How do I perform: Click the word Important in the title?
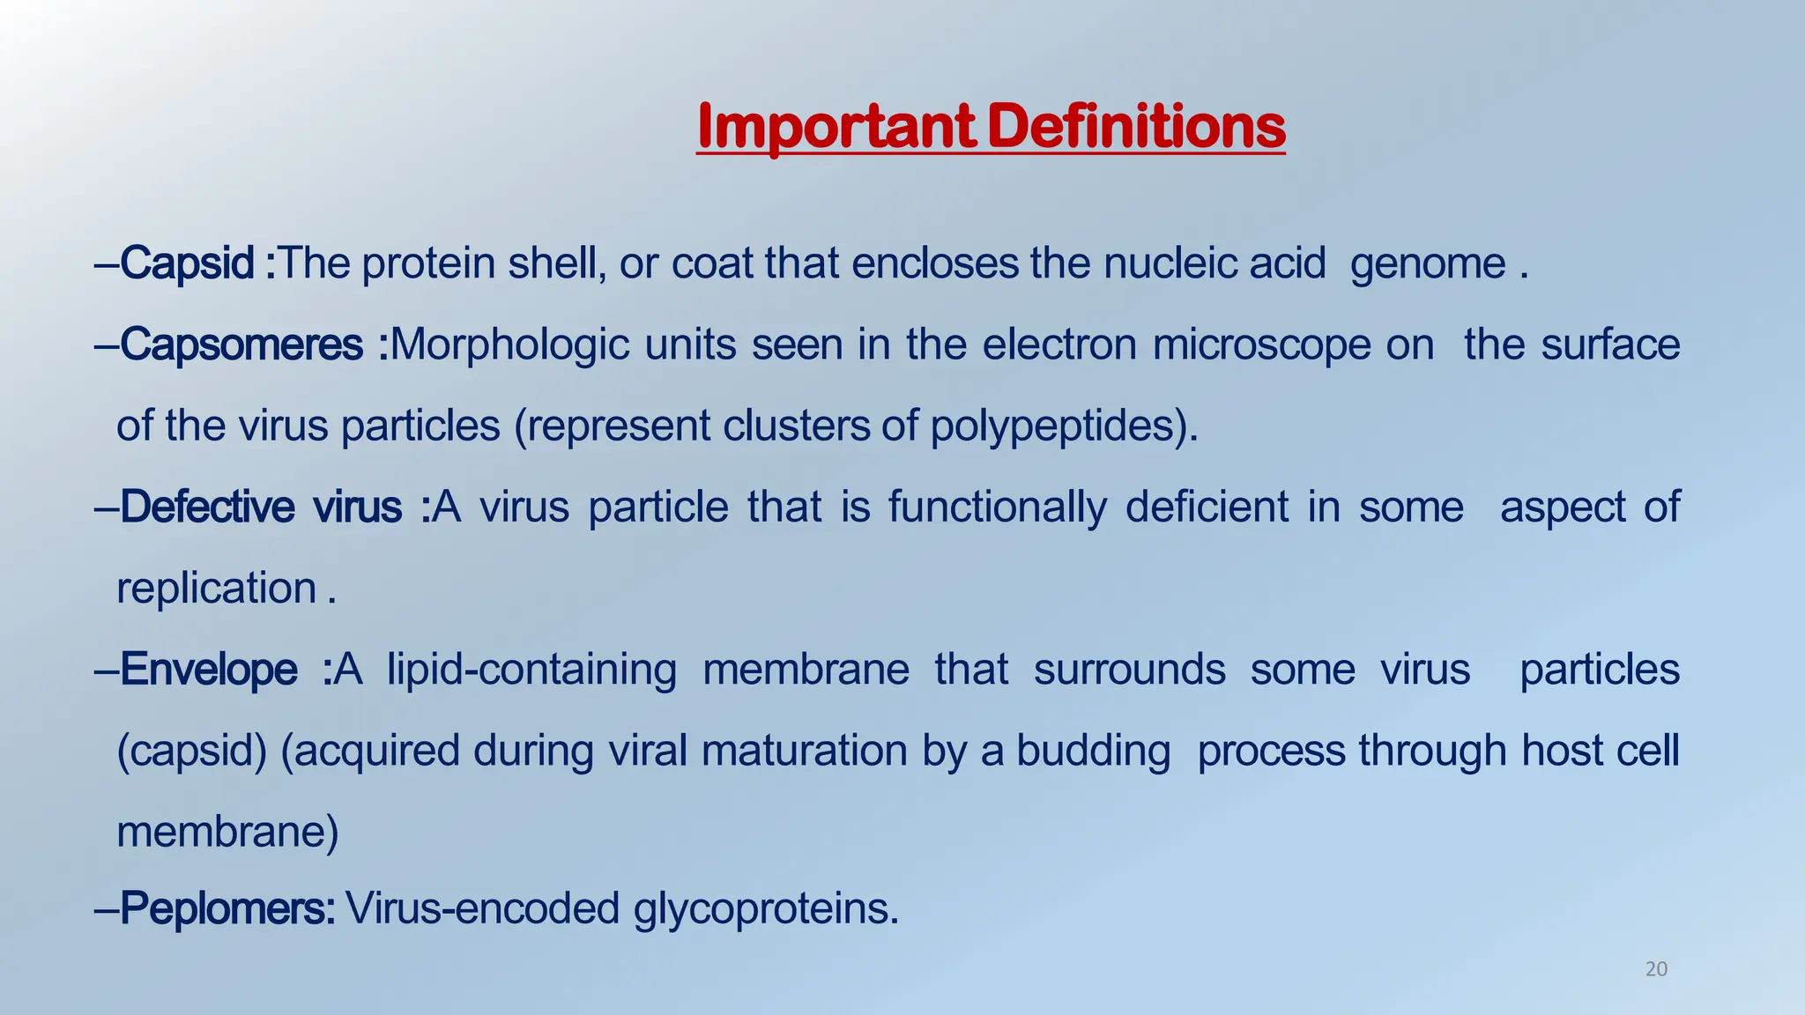(x=835, y=128)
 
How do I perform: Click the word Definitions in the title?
(x=1136, y=128)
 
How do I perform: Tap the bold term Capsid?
(x=187, y=263)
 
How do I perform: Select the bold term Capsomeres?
(x=241, y=345)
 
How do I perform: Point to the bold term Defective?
(x=206, y=507)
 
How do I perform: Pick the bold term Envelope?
(x=208, y=670)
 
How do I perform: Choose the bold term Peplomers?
(x=226, y=908)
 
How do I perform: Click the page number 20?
(x=1656, y=970)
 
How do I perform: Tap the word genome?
(x=1428, y=264)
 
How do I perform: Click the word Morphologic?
(x=509, y=345)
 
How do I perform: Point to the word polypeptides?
(x=1064, y=427)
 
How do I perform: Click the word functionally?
(x=996, y=507)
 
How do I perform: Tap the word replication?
(x=216, y=589)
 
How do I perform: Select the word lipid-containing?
(x=531, y=670)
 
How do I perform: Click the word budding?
(x=1093, y=752)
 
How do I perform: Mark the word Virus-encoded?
(x=482, y=908)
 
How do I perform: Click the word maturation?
(x=804, y=752)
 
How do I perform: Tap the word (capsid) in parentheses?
(x=191, y=752)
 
